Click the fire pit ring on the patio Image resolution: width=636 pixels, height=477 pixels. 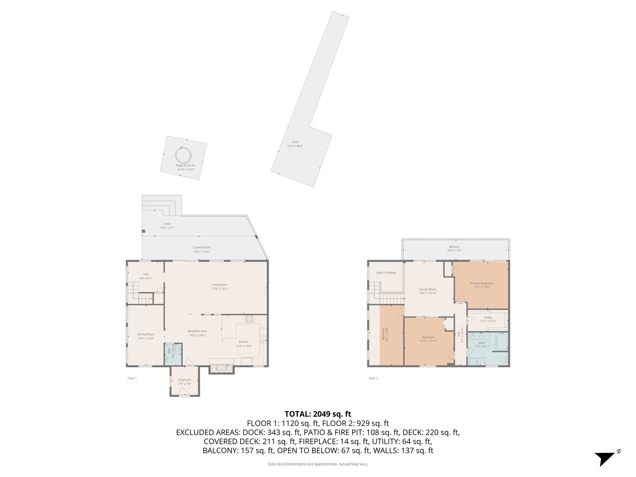[x=183, y=155]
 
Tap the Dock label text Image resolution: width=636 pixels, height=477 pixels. [x=295, y=142]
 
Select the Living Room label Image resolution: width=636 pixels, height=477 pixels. [x=219, y=285]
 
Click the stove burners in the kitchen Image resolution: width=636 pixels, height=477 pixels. [x=249, y=319]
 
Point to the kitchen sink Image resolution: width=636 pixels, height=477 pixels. [x=263, y=340]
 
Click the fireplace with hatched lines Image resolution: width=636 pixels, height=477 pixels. [x=221, y=368]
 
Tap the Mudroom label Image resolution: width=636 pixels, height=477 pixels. [x=184, y=380]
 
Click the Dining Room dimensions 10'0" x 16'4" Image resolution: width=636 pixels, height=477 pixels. [x=146, y=338]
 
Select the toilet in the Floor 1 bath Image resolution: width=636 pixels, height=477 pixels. [x=169, y=360]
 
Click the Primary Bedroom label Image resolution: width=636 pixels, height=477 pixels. [x=482, y=283]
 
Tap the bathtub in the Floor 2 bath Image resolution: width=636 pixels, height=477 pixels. [x=502, y=341]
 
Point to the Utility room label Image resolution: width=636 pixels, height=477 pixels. [x=488, y=317]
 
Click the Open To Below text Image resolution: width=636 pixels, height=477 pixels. [x=386, y=273]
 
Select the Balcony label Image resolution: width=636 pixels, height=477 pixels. [x=454, y=247]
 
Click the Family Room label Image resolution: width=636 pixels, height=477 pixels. [x=428, y=289]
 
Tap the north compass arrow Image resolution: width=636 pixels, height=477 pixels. [x=605, y=458]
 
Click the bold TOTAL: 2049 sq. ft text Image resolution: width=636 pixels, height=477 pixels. [x=318, y=414]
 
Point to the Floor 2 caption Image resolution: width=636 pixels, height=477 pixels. [x=373, y=378]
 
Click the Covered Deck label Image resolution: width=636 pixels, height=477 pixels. [x=202, y=248]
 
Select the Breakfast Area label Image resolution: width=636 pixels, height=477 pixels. [x=197, y=331]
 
